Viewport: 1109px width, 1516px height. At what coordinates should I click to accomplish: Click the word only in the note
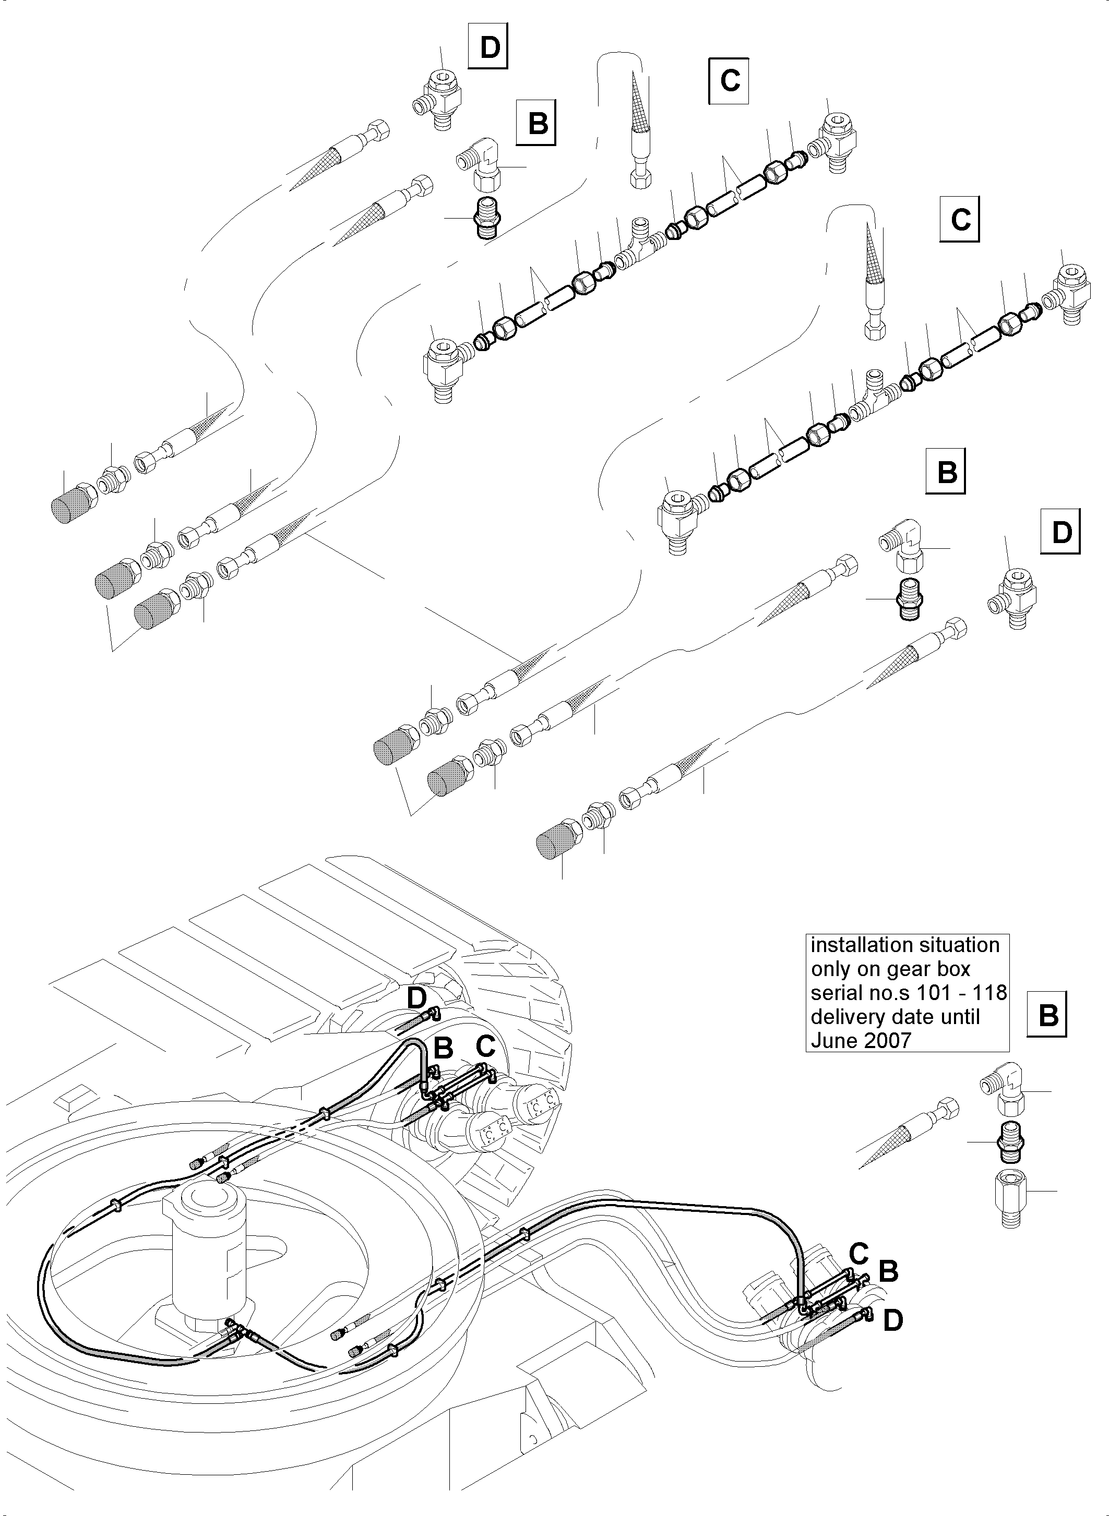coord(831,969)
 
